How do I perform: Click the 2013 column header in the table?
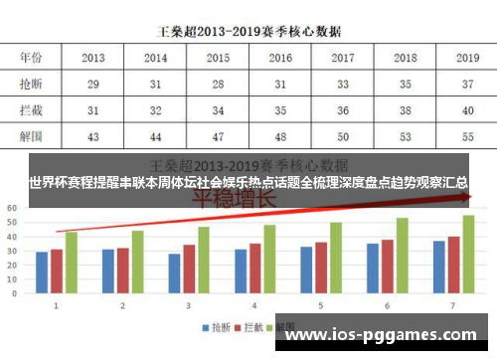pos(93,59)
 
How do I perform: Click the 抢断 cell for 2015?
pos(218,86)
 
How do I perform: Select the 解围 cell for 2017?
pos(342,134)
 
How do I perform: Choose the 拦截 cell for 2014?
pos(156,109)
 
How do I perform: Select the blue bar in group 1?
pos(42,273)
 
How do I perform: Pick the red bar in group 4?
pos(254,270)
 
